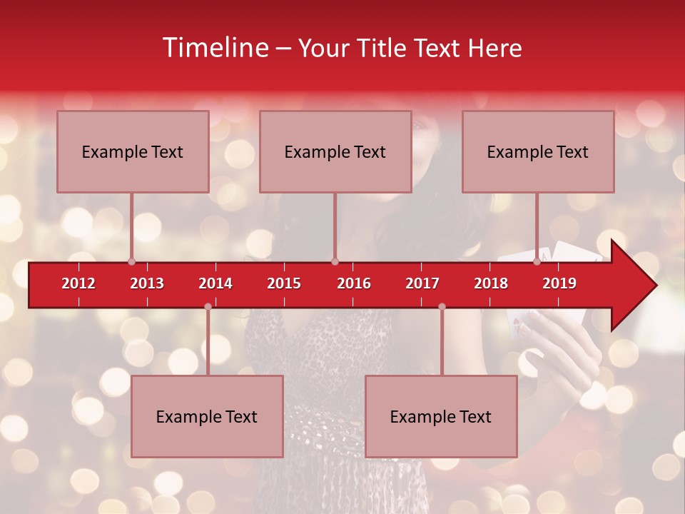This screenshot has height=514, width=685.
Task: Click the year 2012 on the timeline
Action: [78, 283]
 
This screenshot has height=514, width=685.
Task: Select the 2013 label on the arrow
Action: [147, 283]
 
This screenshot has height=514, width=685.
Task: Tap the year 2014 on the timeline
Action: [215, 283]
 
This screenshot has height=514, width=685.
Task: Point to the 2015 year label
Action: [284, 283]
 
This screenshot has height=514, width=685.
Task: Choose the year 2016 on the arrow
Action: [354, 283]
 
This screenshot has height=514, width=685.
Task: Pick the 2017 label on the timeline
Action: [422, 283]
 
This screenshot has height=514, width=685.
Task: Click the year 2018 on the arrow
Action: [491, 283]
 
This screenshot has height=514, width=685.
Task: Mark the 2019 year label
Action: [559, 283]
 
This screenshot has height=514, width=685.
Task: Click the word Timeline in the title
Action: [214, 48]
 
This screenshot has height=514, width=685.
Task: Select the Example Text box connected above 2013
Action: [133, 151]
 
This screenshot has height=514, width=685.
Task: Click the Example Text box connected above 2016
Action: [335, 151]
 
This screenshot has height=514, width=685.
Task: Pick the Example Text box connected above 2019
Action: [538, 151]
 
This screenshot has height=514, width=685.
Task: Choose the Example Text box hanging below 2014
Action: [207, 416]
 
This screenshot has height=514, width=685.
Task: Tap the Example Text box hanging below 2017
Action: [441, 416]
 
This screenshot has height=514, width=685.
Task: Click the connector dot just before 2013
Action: [131, 261]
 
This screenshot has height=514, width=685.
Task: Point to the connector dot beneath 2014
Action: [208, 306]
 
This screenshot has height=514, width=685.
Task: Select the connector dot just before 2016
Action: [335, 261]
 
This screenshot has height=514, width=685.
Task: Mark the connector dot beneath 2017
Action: [442, 306]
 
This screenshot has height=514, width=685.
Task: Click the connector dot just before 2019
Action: [537, 261]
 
